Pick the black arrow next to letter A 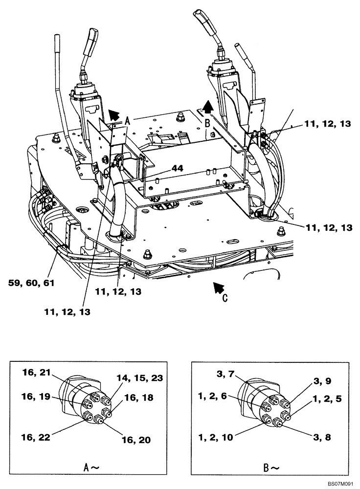point(113,115)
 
